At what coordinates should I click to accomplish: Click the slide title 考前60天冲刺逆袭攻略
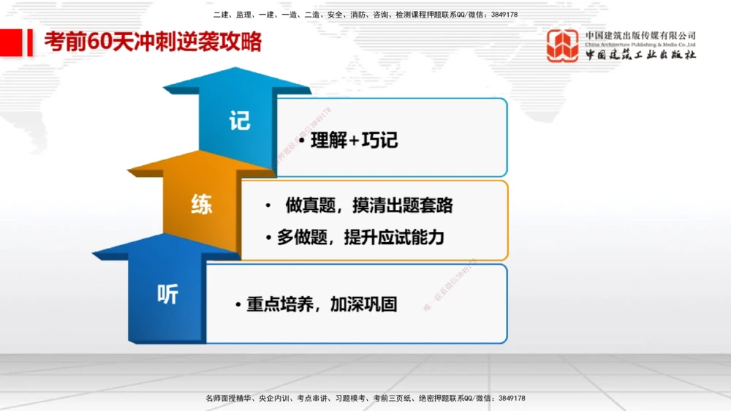click(152, 42)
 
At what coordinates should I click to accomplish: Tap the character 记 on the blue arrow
click(240, 120)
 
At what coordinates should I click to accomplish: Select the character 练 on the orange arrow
click(201, 205)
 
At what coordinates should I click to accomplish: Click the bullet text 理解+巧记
click(354, 140)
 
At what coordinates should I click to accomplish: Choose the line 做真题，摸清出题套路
click(368, 205)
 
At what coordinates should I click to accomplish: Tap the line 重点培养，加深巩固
click(322, 304)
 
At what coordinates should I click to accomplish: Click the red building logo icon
click(562, 45)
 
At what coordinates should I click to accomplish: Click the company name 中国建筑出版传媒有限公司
click(640, 35)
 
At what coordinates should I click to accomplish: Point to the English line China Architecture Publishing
click(640, 45)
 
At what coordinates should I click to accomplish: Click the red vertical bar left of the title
click(30, 42)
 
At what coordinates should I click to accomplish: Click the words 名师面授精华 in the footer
click(230, 399)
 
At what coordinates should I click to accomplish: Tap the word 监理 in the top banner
click(244, 15)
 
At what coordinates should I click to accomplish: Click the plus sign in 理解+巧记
click(355, 140)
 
